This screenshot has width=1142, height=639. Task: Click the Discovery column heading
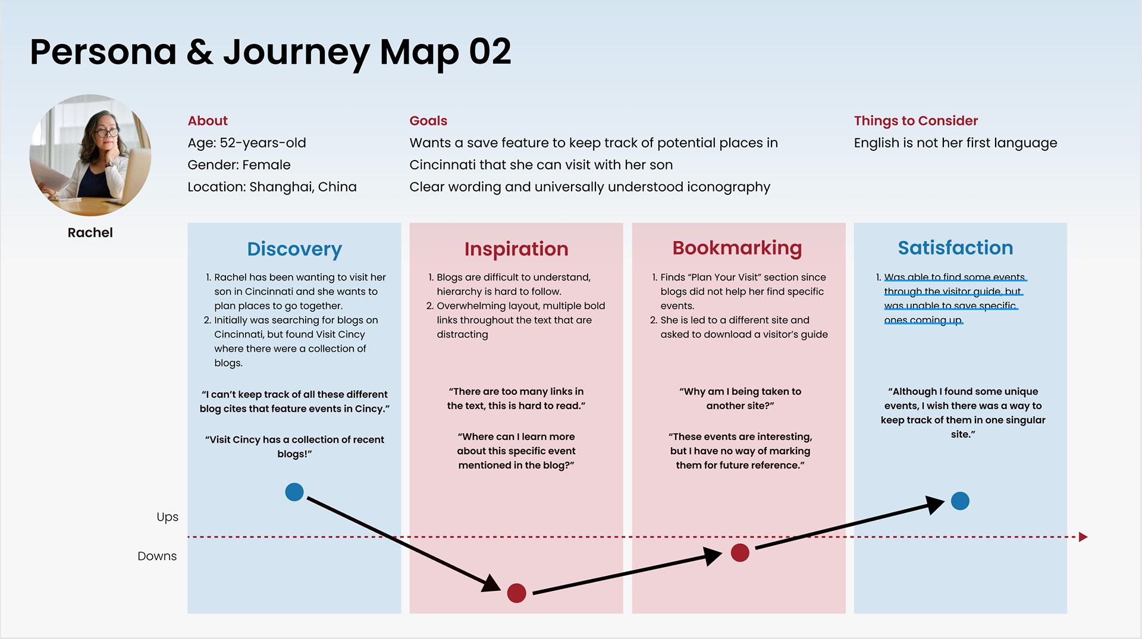point(294,248)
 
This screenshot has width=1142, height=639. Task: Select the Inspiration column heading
point(516,248)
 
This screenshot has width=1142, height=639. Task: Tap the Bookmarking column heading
point(737,247)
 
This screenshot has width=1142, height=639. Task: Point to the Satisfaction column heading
point(955,247)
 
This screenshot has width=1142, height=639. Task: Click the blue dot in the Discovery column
point(294,492)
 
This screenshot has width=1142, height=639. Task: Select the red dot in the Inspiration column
point(516,593)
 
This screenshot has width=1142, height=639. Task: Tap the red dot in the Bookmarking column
point(740,553)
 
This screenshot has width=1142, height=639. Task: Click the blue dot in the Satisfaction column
point(960,501)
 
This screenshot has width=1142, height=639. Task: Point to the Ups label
point(167,517)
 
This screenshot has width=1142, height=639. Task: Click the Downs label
point(157,556)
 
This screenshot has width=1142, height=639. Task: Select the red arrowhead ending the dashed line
point(1083,537)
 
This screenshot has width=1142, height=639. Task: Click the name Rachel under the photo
point(90,232)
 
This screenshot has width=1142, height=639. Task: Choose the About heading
point(208,121)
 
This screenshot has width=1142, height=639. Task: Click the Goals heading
point(428,121)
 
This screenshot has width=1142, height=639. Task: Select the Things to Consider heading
point(915,121)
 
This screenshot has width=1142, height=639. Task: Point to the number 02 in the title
point(490,52)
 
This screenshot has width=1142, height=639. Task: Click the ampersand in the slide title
point(200,52)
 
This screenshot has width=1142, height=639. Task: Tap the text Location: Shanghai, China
point(272,187)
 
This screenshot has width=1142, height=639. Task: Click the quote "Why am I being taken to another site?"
point(740,398)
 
